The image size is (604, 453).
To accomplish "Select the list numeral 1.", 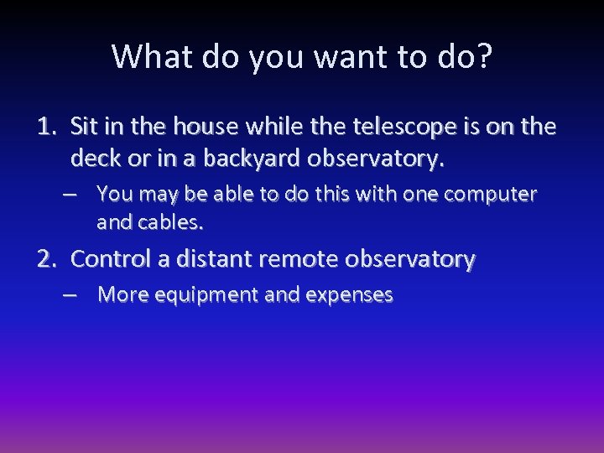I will [x=44, y=127].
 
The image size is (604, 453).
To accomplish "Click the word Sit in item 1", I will [x=85, y=127].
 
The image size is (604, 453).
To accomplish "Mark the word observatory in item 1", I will [x=387, y=159].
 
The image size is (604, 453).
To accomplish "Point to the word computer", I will [x=491, y=195].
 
